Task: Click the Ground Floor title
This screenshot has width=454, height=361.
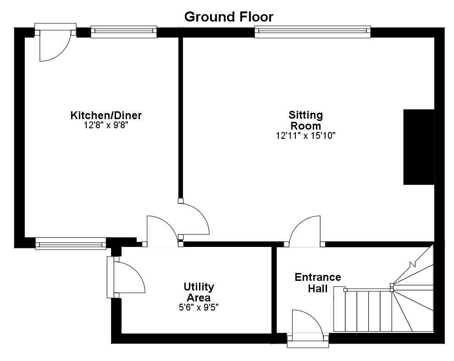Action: pyautogui.click(x=228, y=17)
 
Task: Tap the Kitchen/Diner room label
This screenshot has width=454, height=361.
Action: pyautogui.click(x=106, y=115)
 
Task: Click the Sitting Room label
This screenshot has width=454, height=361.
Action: pyautogui.click(x=305, y=120)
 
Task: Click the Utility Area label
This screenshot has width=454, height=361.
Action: pyautogui.click(x=199, y=292)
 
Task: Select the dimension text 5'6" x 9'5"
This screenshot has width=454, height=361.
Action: pyautogui.click(x=199, y=308)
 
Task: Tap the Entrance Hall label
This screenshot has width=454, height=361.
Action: pyautogui.click(x=318, y=283)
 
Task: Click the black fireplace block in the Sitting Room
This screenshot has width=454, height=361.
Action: pyautogui.click(x=418, y=147)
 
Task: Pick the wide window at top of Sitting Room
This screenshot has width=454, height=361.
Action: pyautogui.click(x=312, y=31)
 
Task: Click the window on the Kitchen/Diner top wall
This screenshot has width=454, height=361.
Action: pyautogui.click(x=123, y=31)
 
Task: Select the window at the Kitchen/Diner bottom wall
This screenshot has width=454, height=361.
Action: pyautogui.click(x=71, y=244)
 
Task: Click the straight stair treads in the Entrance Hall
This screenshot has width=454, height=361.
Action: pyautogui.click(x=362, y=311)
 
